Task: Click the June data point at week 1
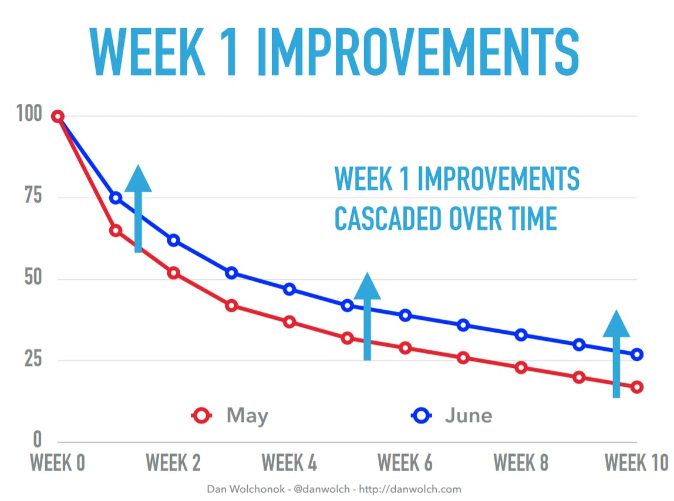pos(116,198)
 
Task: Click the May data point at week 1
pos(116,231)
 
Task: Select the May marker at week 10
pos(637,387)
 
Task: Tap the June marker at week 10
pos(637,354)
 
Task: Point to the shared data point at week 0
pos(58,116)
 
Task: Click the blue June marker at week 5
pos(347,305)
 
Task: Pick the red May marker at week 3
pos(231,305)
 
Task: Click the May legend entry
pos(230,416)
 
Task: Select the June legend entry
pos(451,416)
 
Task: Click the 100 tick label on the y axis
pos(29,114)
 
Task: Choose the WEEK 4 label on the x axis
pos(289,463)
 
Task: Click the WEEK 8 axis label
pos(521,463)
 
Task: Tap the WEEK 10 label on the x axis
pos(636,463)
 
